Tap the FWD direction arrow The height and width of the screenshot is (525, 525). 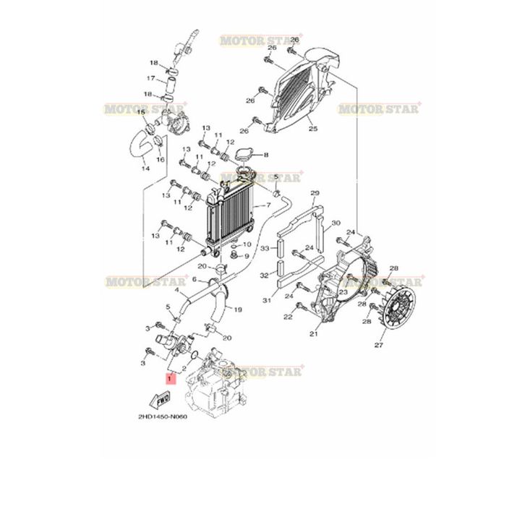coord(161,398)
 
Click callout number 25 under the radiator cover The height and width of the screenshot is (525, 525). coord(312,129)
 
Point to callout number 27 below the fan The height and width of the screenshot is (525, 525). coord(397,346)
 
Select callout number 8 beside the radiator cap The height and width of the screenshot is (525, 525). coord(266,155)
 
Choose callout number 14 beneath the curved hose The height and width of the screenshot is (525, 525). coord(145,169)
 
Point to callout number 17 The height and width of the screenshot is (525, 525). coord(150,79)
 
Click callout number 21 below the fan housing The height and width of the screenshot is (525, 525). coord(313,335)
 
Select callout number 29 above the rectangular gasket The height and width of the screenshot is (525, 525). coord(314,193)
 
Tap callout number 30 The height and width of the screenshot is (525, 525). coord(336,223)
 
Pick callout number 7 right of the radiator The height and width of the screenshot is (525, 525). coord(268,205)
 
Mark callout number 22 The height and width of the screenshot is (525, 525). coord(287,316)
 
